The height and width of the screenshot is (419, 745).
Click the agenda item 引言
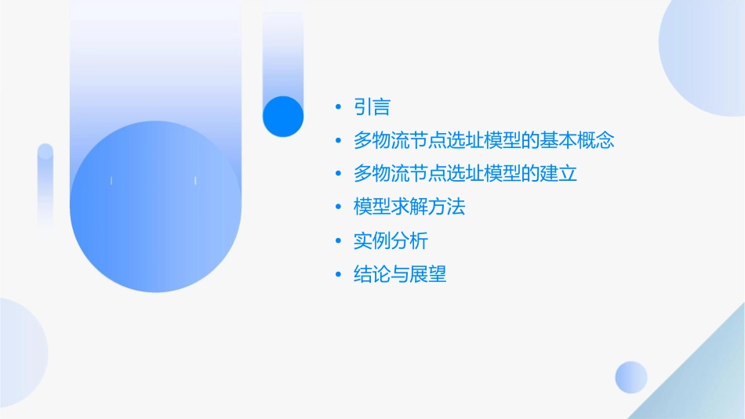tap(372, 107)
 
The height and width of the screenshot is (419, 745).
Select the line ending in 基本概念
tap(483, 141)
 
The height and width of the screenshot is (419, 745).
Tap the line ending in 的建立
tap(465, 174)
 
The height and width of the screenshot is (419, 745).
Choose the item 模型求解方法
tap(409, 208)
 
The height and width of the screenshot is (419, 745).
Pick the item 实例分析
tap(391, 241)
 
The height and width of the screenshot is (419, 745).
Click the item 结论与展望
tap(400, 275)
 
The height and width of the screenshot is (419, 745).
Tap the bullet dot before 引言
tap(338, 107)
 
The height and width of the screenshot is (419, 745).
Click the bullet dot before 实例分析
tap(338, 241)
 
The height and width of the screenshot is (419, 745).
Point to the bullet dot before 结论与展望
tap(338, 275)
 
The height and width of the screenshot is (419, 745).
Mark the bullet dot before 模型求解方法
tap(338, 208)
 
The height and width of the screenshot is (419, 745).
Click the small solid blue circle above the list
tap(282, 116)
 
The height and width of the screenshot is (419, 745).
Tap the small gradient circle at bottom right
tap(631, 377)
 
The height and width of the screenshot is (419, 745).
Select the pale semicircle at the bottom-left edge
tap(20, 352)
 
